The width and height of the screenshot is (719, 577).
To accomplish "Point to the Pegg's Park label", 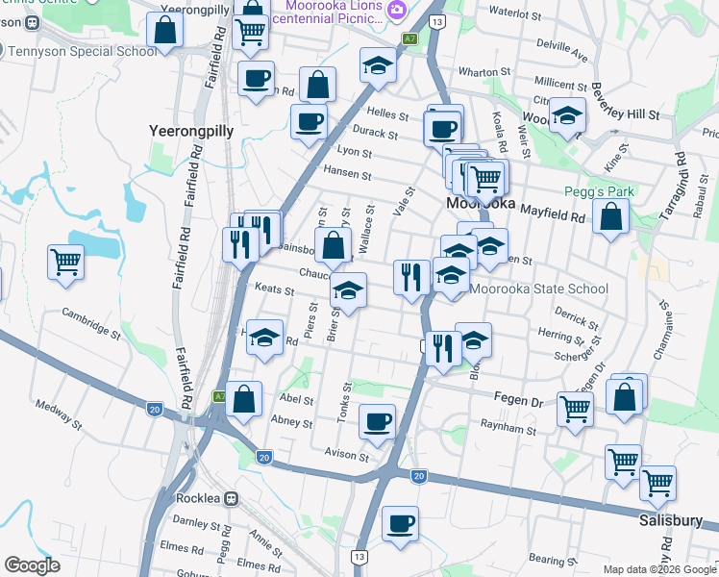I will click(599, 191).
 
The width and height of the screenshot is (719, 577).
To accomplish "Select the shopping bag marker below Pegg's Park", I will click(610, 216).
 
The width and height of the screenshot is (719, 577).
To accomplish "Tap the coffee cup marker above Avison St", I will click(377, 421).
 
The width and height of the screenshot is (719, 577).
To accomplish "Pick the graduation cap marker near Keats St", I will click(348, 290).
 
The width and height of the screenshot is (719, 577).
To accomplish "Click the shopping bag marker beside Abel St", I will click(245, 399).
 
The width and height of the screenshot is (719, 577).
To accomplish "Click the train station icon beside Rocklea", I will click(231, 498).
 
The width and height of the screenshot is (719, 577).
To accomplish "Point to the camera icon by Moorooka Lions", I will click(397, 9).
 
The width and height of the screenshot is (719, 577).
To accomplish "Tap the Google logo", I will click(33, 565).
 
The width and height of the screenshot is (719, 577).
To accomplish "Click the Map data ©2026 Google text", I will click(658, 569).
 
